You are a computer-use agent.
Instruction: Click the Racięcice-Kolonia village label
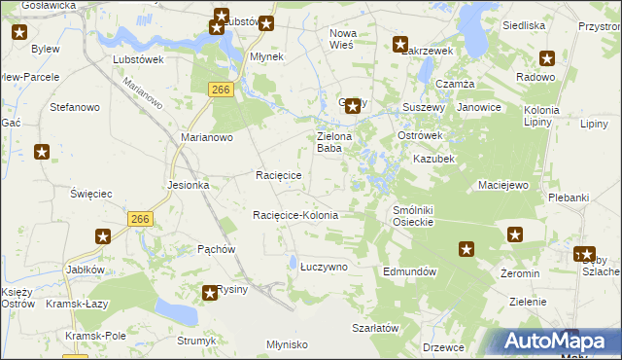[294, 215]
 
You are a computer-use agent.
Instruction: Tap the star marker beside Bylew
[19, 32]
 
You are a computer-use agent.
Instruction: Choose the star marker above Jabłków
[103, 236]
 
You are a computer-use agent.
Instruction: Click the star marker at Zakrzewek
[400, 43]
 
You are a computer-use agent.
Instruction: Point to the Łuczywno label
[323, 266]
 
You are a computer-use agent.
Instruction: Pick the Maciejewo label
[502, 184]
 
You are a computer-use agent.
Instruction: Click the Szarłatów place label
[376, 329]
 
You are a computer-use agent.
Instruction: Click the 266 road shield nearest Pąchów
[139, 221]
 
